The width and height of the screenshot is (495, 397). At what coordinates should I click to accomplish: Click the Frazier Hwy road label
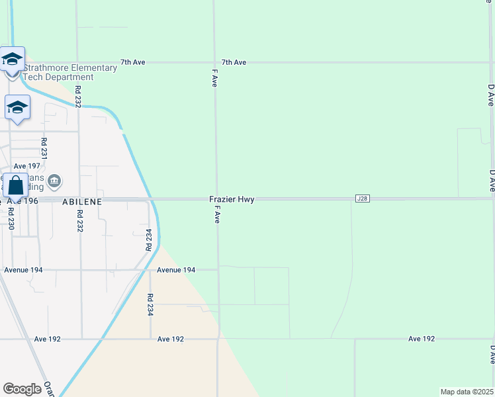point(232,199)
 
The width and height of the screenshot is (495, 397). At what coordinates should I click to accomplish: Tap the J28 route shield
point(361,198)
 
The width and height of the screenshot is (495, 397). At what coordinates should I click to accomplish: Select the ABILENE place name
point(82,200)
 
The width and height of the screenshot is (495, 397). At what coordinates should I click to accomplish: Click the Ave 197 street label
point(27,166)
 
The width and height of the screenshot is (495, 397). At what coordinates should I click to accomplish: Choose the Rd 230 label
point(11,218)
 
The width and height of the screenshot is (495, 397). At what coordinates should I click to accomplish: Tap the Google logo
point(22,389)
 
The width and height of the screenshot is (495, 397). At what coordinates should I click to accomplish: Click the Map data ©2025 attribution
point(467,392)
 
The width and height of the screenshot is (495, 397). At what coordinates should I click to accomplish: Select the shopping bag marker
point(15,187)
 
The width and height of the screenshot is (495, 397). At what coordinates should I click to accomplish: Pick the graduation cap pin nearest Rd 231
point(17,108)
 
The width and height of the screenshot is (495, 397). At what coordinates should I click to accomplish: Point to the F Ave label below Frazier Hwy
point(216,214)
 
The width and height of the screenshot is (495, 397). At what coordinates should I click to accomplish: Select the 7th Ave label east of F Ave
point(234,62)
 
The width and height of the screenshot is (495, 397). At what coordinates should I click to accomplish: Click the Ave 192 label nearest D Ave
point(421,339)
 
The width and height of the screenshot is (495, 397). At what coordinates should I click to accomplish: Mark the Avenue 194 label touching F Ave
point(176,270)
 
